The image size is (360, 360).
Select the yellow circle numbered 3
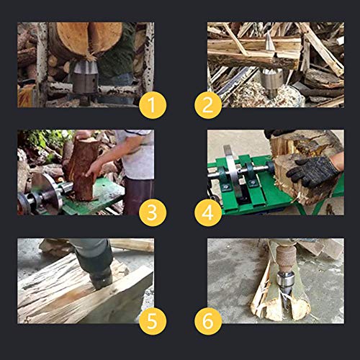(x=152, y=213)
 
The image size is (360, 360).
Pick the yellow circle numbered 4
(x=208, y=213)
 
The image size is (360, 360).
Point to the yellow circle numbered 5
(x=152, y=321)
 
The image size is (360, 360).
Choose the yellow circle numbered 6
(x=208, y=321)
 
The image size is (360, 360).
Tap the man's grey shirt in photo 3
(x=137, y=155)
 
